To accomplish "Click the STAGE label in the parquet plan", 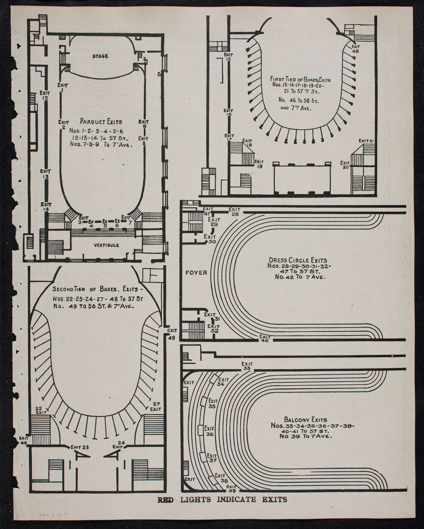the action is [100, 56].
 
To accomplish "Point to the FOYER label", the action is [196, 272].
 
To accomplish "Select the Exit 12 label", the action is [45, 95].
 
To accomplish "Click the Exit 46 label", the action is [356, 49].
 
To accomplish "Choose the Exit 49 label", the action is [172, 334].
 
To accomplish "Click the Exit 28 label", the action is [235, 212].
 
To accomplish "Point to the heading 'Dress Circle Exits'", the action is [298, 260].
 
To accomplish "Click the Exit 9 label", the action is [144, 124].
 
